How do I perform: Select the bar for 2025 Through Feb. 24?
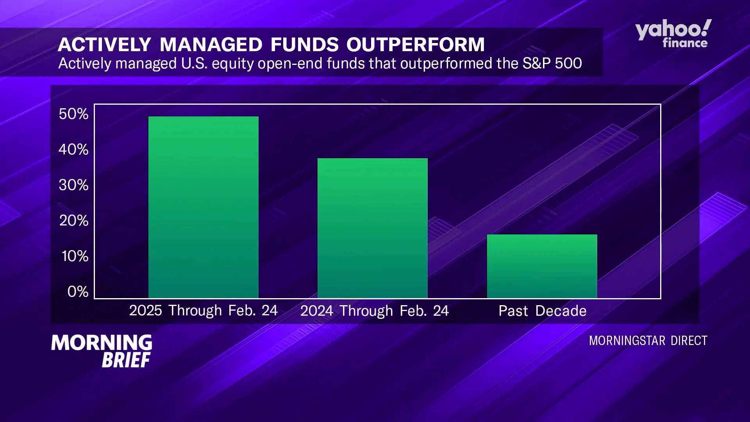[x=203, y=207]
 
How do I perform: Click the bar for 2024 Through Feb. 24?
[x=372, y=228]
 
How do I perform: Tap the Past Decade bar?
[x=542, y=266]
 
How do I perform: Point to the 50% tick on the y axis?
[x=73, y=114]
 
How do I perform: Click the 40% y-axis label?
[x=73, y=150]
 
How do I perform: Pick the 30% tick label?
[x=73, y=185]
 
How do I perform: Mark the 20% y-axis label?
[x=74, y=221]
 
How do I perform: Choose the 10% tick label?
[x=75, y=256]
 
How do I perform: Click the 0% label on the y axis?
[x=78, y=292]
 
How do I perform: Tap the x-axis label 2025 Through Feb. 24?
[x=203, y=311]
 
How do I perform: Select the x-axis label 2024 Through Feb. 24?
[x=374, y=311]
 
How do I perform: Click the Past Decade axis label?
[x=542, y=311]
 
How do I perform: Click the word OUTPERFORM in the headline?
[x=415, y=45]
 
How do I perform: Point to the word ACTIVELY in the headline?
[x=104, y=45]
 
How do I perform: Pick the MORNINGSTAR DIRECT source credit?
[x=648, y=341]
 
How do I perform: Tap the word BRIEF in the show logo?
[x=126, y=360]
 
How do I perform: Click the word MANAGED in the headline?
[x=211, y=45]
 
